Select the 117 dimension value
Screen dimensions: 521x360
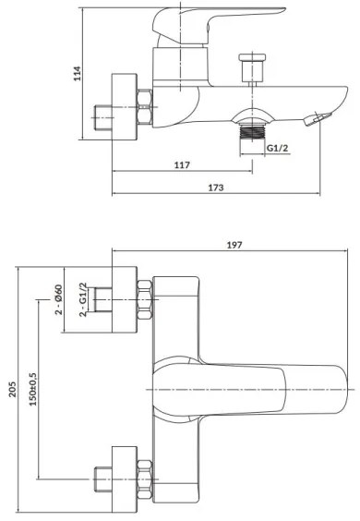pyautogui.click(x=181, y=165)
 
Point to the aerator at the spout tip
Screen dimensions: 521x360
pyautogui.click(x=320, y=117)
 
